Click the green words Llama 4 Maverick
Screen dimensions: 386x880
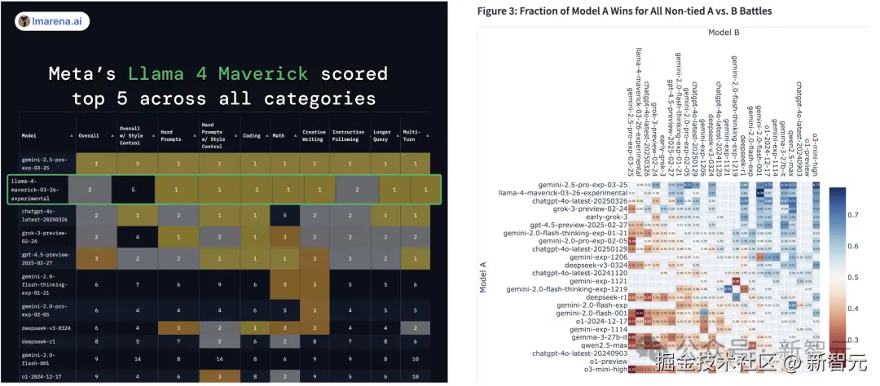218,73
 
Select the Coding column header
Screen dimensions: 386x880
253,135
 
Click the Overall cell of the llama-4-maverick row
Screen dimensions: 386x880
96,190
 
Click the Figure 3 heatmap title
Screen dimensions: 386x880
624,11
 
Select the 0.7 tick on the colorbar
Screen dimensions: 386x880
855,215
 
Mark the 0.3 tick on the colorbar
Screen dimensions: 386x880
855,340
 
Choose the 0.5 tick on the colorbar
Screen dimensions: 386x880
855,278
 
